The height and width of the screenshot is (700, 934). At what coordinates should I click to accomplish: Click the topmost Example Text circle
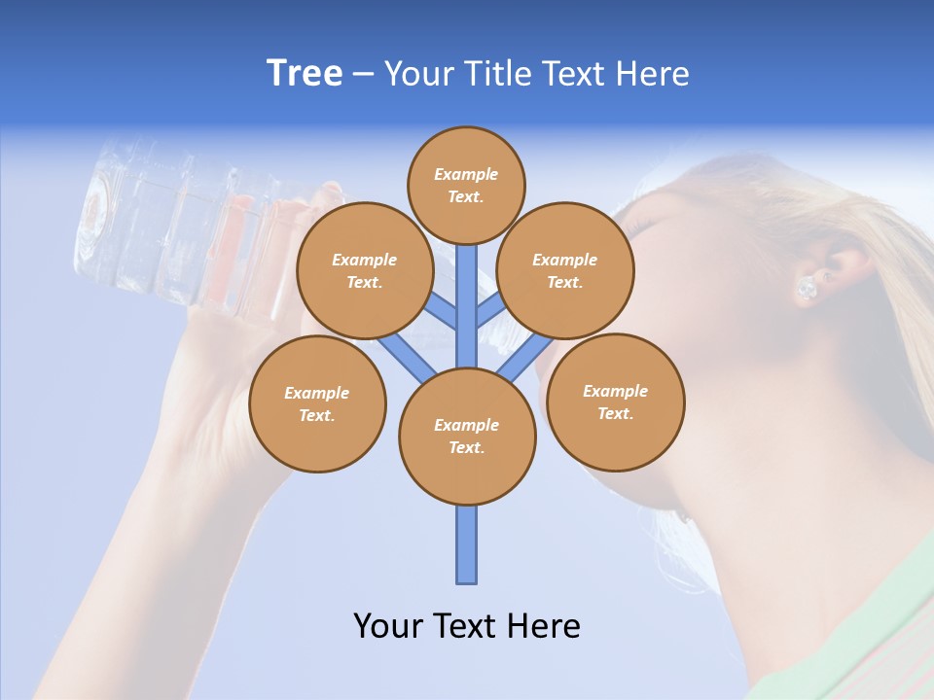tap(466, 185)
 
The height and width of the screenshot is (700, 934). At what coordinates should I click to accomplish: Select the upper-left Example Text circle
tap(364, 270)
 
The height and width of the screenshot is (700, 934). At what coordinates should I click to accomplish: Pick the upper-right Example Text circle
tap(564, 270)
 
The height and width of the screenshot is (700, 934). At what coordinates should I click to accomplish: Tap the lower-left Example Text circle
tap(316, 403)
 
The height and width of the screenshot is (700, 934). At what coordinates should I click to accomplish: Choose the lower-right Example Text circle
tap(615, 402)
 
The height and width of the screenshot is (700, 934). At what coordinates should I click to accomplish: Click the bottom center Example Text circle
tap(466, 436)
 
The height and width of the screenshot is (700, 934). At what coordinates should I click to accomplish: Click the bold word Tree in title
tap(305, 73)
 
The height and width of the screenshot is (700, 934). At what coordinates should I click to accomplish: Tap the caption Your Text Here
tap(466, 625)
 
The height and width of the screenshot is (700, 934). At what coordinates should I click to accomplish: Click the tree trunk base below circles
tap(466, 544)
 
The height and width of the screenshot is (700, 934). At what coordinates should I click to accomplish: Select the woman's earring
tap(807, 288)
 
